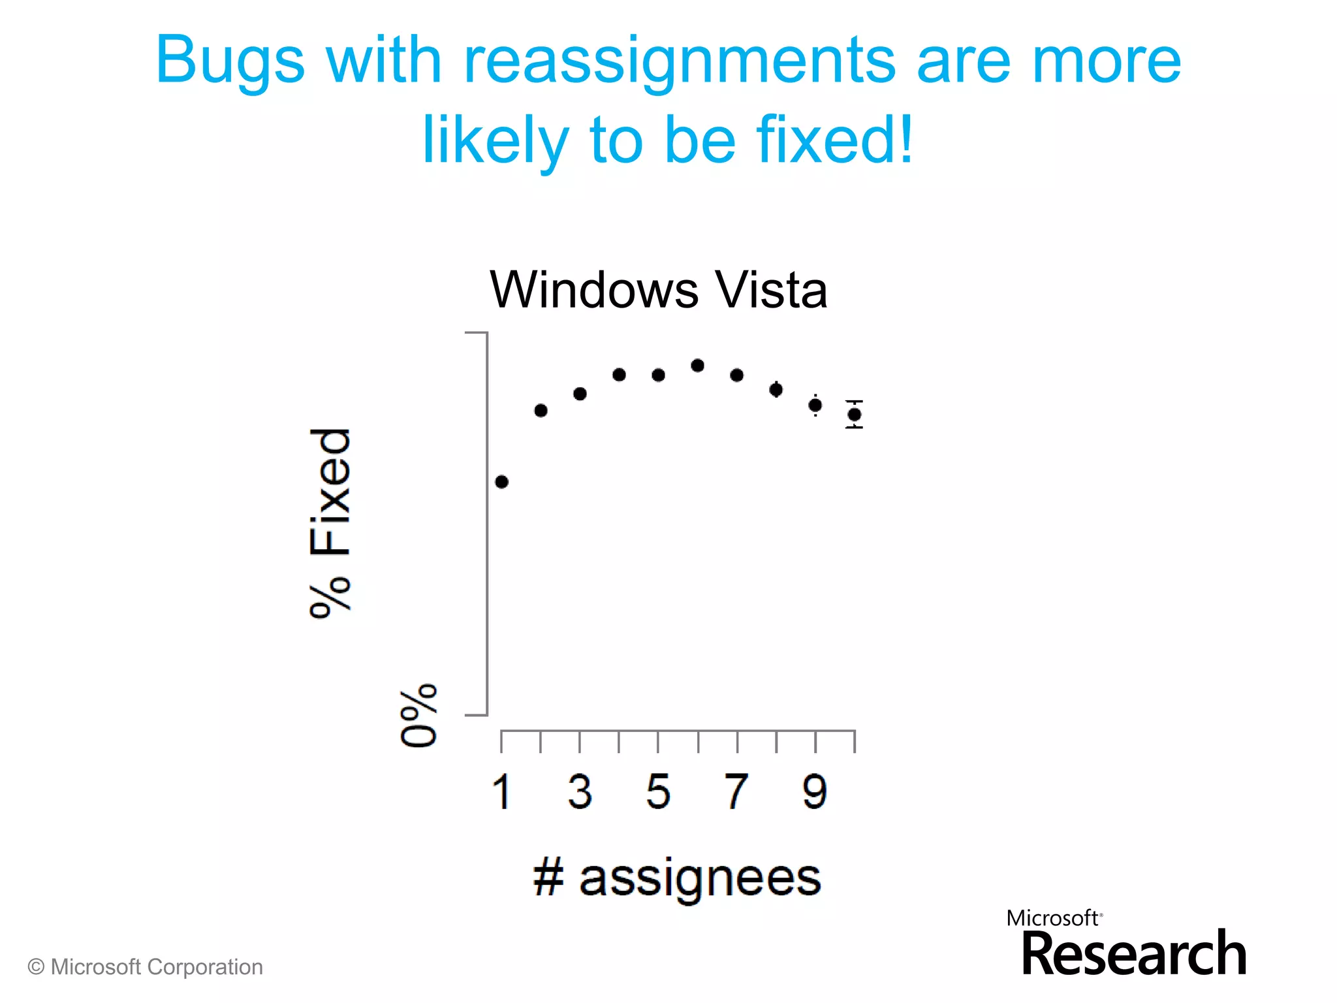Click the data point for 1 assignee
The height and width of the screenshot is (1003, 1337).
click(501, 482)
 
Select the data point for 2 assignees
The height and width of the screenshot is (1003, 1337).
click(541, 411)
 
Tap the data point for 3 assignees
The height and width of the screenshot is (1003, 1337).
click(580, 394)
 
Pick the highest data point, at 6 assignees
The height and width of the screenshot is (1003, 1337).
click(697, 366)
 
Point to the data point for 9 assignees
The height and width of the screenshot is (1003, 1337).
click(815, 406)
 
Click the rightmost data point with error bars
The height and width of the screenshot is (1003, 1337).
click(854, 414)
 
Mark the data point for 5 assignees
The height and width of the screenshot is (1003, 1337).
click(658, 375)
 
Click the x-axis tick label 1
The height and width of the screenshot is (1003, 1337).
click(501, 791)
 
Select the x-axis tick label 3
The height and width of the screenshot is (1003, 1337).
click(580, 791)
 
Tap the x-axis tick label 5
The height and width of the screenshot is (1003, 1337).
click(658, 791)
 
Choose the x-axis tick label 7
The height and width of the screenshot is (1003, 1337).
click(736, 791)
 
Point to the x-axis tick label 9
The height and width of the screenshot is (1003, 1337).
click(815, 791)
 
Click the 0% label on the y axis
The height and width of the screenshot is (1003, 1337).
click(418, 715)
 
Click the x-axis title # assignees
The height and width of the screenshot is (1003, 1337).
click(677, 878)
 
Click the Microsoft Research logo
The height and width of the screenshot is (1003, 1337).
click(1127, 944)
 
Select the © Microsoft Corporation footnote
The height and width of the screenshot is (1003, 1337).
click(145, 967)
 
